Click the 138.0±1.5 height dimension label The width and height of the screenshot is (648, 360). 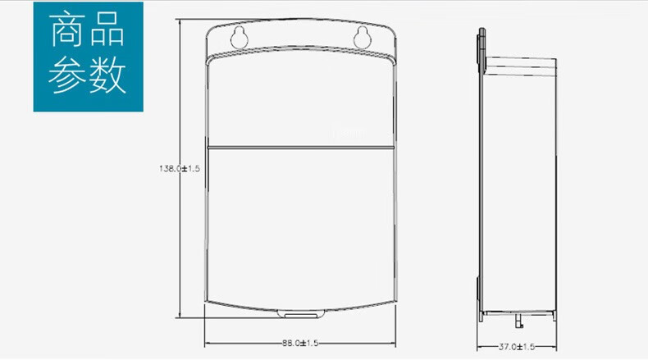(180, 169)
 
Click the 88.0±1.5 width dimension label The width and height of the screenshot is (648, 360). (300, 343)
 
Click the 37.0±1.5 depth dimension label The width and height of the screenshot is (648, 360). (517, 347)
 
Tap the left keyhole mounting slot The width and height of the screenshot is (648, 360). (239, 38)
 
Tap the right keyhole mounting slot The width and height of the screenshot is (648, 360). (362, 38)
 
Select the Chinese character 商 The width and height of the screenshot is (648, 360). (67, 29)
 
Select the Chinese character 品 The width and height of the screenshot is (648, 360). (107, 29)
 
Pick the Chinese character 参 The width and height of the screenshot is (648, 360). (67, 75)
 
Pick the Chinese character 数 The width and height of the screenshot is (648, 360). (107, 75)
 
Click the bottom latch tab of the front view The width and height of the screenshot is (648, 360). (301, 315)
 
